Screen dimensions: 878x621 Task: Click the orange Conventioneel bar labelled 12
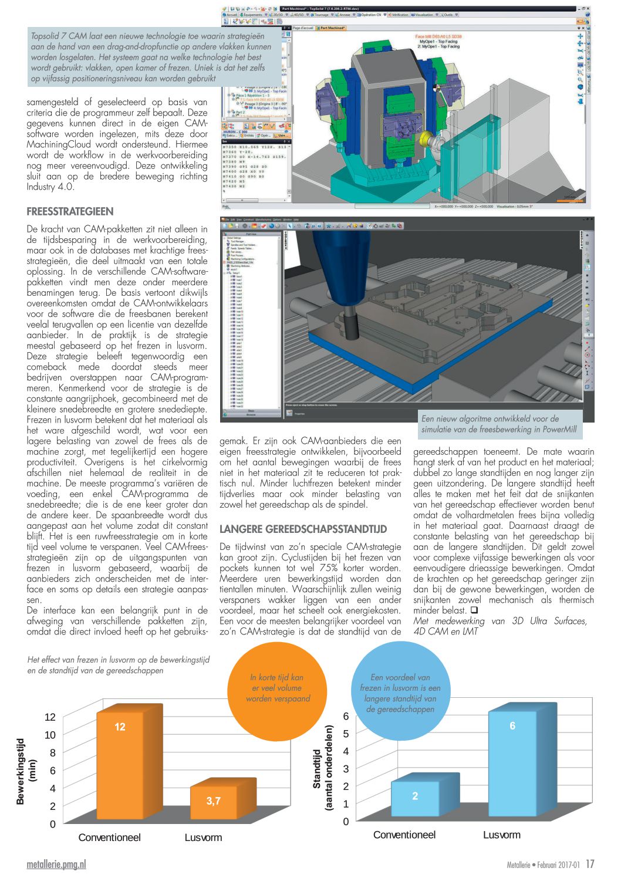(x=120, y=763)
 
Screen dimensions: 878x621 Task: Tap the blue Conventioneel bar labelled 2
(x=415, y=799)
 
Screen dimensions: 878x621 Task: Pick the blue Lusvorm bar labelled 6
(x=512, y=763)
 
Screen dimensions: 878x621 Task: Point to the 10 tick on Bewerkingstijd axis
(x=50, y=735)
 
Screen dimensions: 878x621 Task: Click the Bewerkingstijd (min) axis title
(x=26, y=771)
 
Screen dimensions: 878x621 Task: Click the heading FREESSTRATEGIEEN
(x=70, y=211)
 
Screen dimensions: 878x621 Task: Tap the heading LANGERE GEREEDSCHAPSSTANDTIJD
(x=303, y=529)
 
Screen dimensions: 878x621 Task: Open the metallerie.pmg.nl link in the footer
(x=56, y=865)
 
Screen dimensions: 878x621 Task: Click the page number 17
(x=590, y=864)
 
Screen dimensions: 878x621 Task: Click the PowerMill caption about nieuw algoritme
(x=498, y=424)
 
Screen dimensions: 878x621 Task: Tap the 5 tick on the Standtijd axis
(x=346, y=734)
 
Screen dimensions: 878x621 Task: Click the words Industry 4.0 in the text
(x=50, y=187)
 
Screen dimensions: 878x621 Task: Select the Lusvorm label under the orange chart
(x=203, y=838)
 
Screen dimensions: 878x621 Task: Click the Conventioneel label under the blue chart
(x=404, y=835)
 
